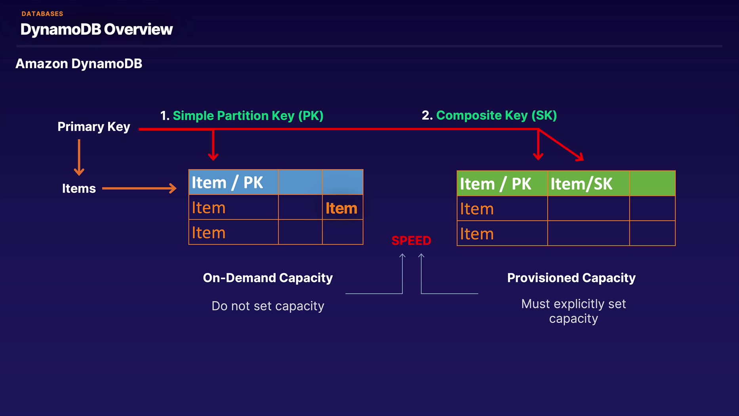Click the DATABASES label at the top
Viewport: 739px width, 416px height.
(x=42, y=14)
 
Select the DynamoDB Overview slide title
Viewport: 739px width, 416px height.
(x=96, y=29)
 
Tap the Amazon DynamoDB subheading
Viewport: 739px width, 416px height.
(x=79, y=64)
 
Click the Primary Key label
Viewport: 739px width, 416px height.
(x=94, y=127)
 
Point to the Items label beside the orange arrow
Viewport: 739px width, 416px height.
(x=79, y=189)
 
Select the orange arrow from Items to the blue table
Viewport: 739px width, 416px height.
(x=139, y=188)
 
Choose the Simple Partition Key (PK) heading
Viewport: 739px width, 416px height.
(x=248, y=116)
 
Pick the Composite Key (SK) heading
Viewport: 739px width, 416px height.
(x=496, y=115)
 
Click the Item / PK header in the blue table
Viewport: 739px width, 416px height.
(x=227, y=183)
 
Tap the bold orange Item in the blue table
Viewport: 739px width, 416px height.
(x=341, y=208)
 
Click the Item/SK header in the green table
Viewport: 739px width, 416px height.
(x=581, y=184)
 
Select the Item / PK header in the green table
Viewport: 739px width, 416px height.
(x=495, y=184)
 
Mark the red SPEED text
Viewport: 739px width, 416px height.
(x=411, y=240)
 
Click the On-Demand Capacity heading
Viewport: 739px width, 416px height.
(x=268, y=278)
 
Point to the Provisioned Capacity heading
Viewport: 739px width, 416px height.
(x=571, y=278)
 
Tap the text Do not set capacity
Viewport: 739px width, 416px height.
(x=268, y=306)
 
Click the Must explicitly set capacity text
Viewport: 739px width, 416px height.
(x=573, y=311)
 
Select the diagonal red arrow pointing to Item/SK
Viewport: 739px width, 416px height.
(x=562, y=145)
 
